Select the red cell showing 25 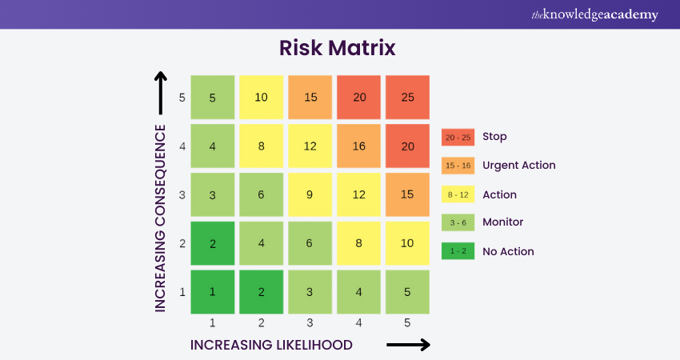tap(407, 97)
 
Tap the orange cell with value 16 tap(358, 146)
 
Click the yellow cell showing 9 tap(310, 194)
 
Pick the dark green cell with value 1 tap(213, 291)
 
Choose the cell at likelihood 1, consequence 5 tap(213, 97)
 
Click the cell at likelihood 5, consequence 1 tap(407, 291)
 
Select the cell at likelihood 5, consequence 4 tap(407, 146)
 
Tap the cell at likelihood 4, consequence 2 tap(358, 243)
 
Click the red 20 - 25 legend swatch tap(458, 137)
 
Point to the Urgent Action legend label tap(518, 166)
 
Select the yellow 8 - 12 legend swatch tap(458, 194)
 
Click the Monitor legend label tap(502, 222)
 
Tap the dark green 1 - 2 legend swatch tap(458, 251)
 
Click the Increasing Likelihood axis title tap(271, 345)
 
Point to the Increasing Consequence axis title tap(160, 217)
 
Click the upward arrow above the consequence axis tap(160, 90)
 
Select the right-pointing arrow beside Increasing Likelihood tap(408, 345)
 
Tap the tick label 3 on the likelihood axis tap(310, 323)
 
